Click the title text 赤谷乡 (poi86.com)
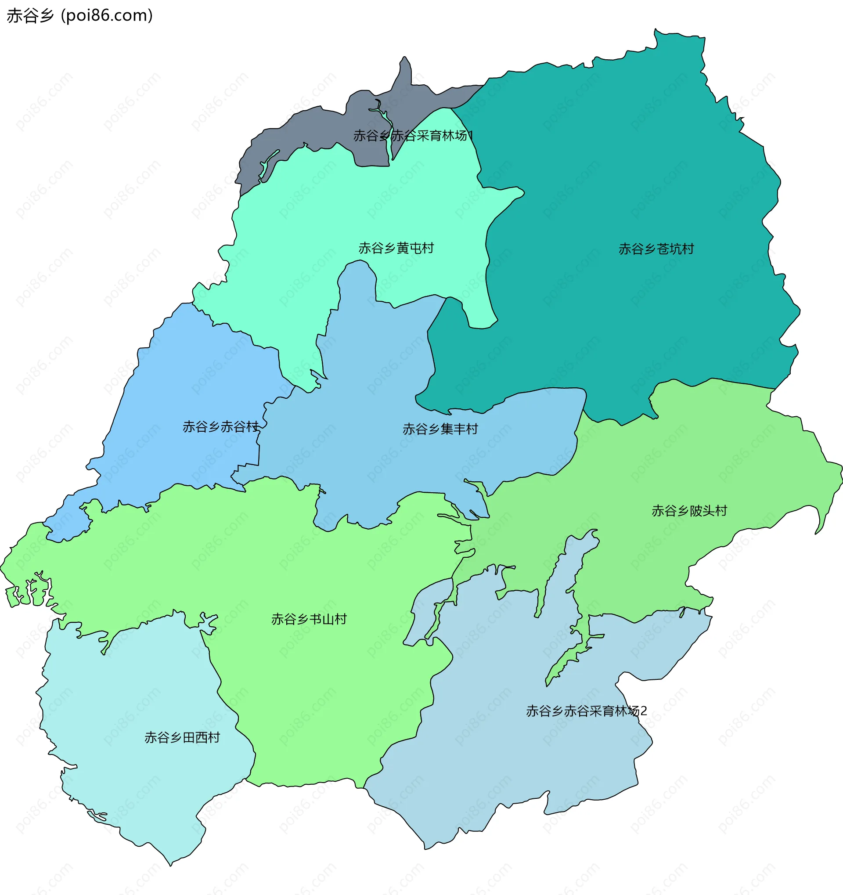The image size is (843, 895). [79, 16]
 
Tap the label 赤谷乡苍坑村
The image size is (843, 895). [656, 249]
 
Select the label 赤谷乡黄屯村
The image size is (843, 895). [396, 248]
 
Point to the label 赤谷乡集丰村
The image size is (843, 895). [440, 429]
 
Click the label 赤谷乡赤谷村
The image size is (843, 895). [220, 427]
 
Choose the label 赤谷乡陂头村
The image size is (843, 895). [689, 511]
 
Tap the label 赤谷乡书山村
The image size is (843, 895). [309, 620]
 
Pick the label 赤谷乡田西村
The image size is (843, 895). [182, 737]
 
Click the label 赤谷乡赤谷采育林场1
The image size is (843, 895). [413, 136]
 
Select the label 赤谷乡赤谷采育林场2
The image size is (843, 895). [586, 711]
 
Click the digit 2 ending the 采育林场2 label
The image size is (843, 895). [644, 711]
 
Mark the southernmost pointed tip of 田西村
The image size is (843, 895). [171, 865]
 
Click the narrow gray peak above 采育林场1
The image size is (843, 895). [405, 68]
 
